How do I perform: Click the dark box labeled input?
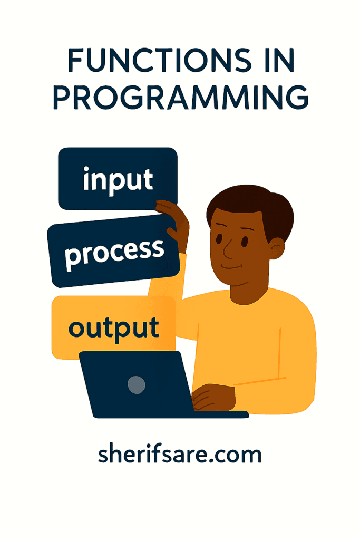118,179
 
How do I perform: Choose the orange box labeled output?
113,327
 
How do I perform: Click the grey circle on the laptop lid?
137,385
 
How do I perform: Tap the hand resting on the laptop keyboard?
213,397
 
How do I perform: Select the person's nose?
227,248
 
